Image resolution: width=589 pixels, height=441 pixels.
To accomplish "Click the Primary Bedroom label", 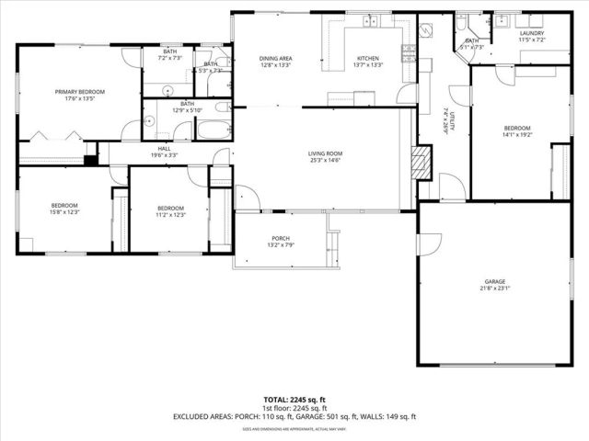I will click(79, 92).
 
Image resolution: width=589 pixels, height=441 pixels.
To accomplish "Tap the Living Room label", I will click(324, 153).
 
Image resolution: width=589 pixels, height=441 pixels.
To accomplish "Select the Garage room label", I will click(495, 281).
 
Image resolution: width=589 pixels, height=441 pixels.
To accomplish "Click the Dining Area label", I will click(274, 58).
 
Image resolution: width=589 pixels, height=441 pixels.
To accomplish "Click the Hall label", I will click(164, 148).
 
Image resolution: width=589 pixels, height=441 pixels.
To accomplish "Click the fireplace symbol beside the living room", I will click(419, 164).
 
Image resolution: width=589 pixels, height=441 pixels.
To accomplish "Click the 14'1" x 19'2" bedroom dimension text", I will click(516, 135).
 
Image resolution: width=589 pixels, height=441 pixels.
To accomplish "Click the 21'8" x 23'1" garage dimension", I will click(495, 289).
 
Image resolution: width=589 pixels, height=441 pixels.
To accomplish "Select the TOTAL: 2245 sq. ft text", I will click(294, 400).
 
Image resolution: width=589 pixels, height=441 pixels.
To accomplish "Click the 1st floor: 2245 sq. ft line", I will click(294, 408).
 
